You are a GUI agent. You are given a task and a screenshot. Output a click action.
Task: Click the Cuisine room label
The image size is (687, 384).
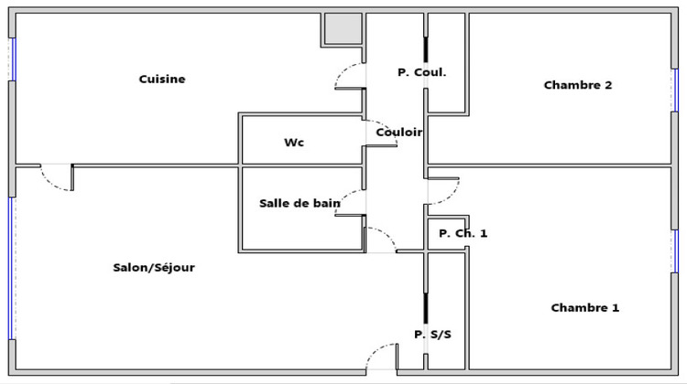point(162,80)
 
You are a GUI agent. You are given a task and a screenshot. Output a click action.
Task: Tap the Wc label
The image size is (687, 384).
point(294,143)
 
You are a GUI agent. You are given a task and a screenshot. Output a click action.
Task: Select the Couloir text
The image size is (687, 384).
point(399,133)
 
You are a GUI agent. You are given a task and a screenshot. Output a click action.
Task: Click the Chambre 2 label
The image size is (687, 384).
point(577,85)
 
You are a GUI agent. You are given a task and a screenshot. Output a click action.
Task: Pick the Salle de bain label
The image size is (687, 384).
point(300,203)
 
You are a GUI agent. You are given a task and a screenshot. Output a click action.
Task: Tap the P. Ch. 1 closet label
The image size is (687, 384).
point(463,233)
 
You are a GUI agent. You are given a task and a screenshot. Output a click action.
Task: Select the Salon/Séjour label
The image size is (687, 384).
point(154,268)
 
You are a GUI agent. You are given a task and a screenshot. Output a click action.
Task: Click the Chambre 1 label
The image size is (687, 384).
point(584,308)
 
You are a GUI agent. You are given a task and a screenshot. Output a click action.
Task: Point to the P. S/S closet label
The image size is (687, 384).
point(432,335)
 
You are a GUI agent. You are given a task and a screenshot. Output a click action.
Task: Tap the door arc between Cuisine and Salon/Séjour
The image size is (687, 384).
point(57,179)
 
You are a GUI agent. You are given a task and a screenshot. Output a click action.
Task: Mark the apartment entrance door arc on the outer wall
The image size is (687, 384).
point(380,357)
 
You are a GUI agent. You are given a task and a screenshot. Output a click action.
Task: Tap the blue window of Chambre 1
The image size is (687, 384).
point(676,251)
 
